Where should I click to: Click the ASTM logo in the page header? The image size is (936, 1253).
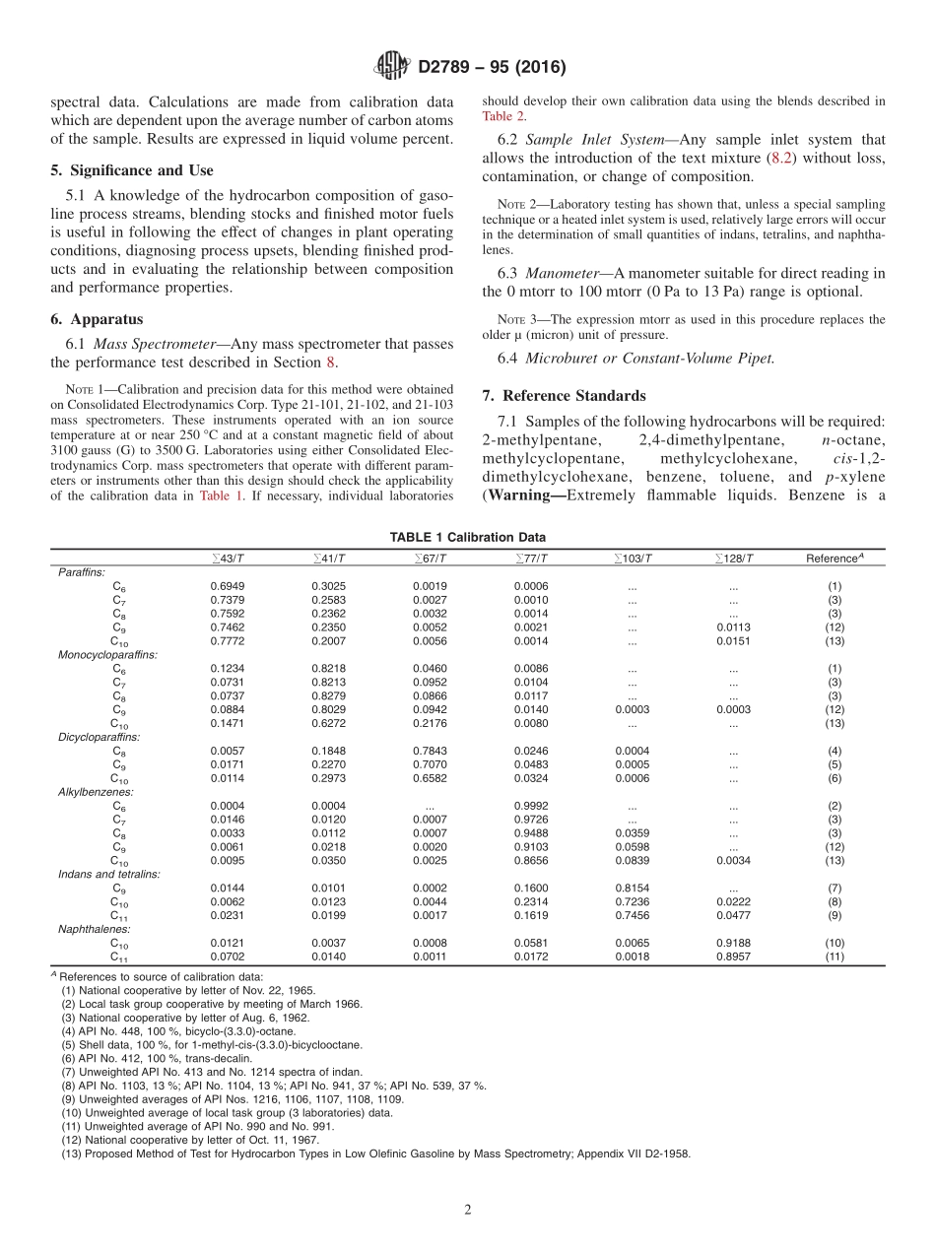coord(392,67)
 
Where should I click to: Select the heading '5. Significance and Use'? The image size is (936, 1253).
coord(131,170)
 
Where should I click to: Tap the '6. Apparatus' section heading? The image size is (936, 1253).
coord(97,319)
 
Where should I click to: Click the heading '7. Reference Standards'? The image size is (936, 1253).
coord(565,395)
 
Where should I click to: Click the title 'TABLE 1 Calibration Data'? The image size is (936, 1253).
coord(467,537)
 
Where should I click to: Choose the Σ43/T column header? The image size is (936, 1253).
coord(229,559)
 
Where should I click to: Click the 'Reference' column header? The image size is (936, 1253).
coord(834,559)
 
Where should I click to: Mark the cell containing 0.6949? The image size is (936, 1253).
coord(228,586)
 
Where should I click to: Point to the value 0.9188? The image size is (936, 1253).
coord(733,943)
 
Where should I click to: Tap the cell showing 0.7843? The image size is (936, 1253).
coord(430,751)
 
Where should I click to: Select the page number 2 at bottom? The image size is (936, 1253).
coord(468,1210)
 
